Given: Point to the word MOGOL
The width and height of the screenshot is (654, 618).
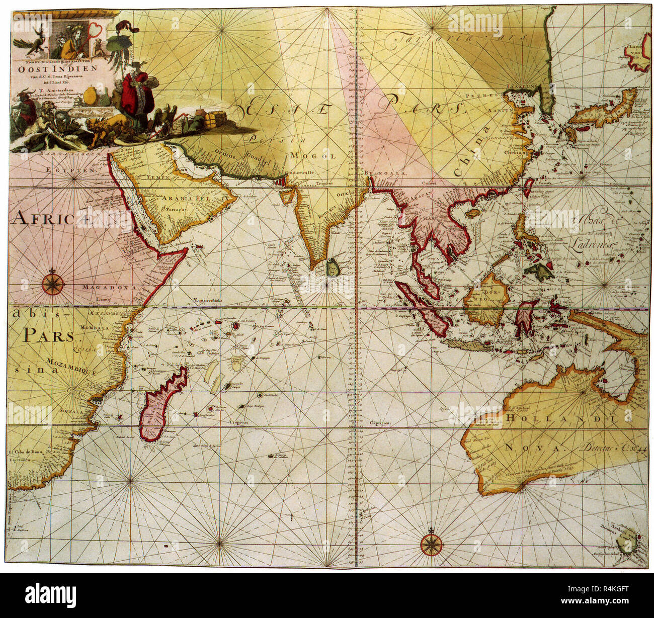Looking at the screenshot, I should (318, 156).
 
